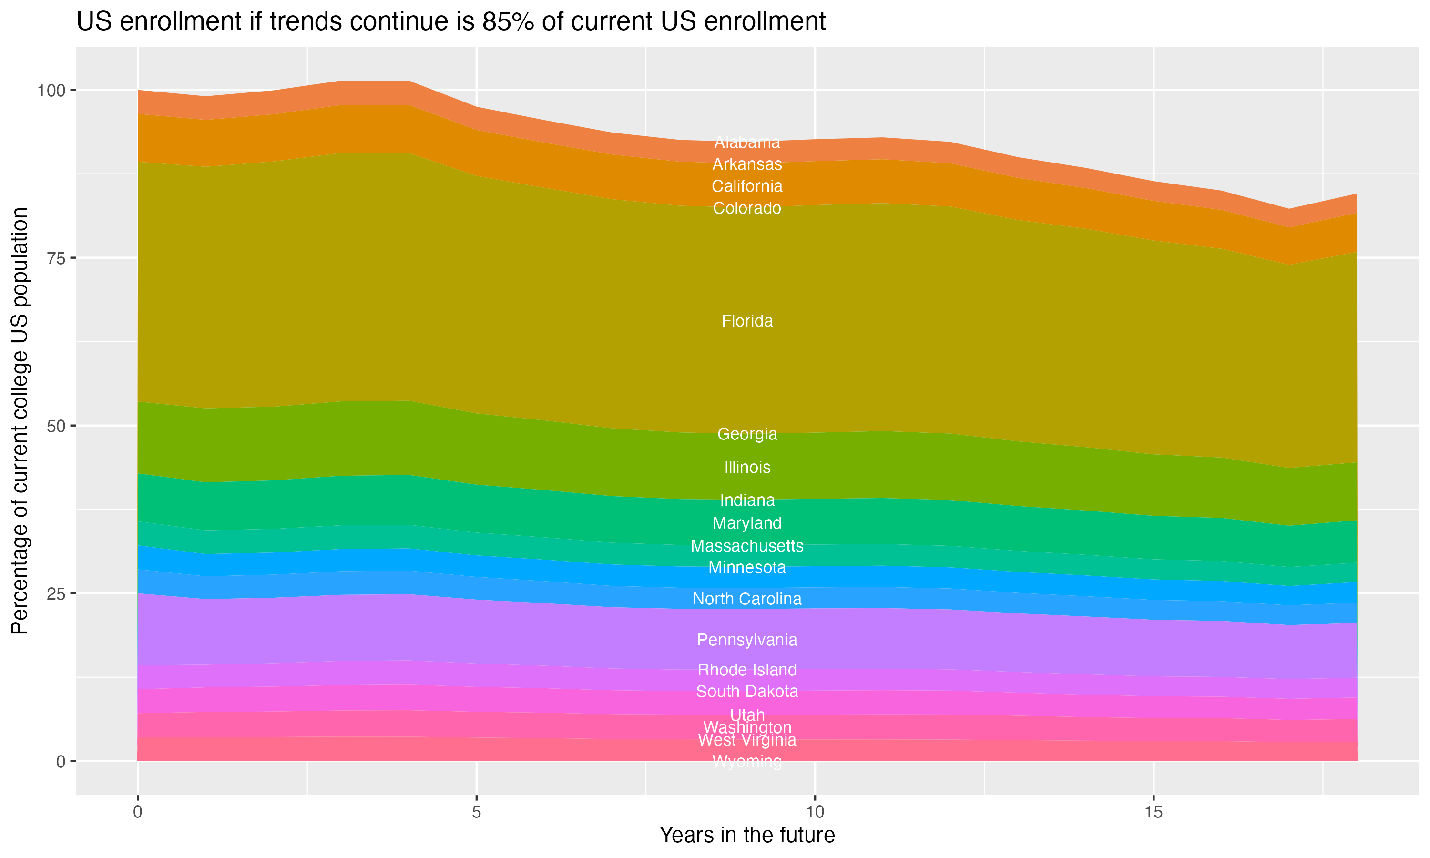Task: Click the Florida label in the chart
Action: point(747,321)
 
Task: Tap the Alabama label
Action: point(747,142)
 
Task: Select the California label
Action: point(747,186)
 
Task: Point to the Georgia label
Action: point(747,434)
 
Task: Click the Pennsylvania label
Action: point(747,640)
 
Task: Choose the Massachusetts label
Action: point(747,546)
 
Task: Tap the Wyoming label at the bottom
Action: point(747,761)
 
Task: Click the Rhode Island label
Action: point(747,670)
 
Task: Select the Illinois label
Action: point(747,467)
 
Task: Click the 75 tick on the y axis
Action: point(57,258)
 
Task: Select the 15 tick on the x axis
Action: point(1153,812)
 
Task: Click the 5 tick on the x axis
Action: point(476,812)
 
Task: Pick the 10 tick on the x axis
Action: point(815,812)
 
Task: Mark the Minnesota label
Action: point(747,568)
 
